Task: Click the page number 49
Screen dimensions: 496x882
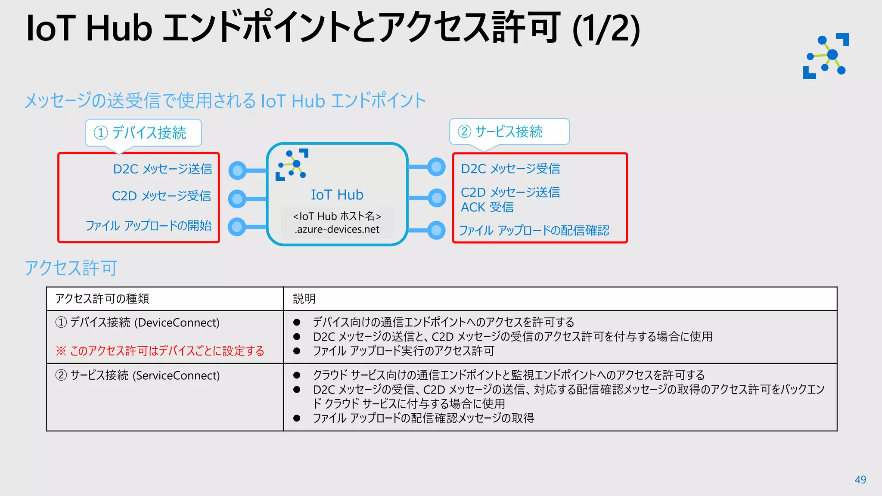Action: [x=860, y=480]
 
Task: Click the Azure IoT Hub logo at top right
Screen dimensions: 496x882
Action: [x=826, y=56]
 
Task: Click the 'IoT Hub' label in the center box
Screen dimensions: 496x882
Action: [x=337, y=195]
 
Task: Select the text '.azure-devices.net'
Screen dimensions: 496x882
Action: [x=337, y=229]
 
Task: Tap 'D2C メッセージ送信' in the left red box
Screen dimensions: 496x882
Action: [x=162, y=169]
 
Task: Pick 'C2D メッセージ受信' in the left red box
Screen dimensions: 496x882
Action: [x=161, y=196]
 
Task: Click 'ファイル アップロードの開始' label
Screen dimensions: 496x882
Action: [x=148, y=226]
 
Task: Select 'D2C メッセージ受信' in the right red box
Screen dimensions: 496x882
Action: [x=510, y=169]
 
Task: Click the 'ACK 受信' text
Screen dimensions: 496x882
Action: [x=487, y=208]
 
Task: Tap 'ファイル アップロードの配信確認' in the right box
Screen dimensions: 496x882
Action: [x=534, y=231]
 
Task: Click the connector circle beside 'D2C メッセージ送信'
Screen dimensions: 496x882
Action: [x=237, y=170]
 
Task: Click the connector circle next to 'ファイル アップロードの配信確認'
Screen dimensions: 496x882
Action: [x=436, y=230]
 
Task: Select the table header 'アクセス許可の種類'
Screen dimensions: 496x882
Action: [x=102, y=299]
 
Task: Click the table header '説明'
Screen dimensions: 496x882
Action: [x=304, y=299]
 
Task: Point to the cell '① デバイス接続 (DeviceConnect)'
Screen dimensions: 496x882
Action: [x=137, y=322]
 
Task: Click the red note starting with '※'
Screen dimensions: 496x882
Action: [x=160, y=351]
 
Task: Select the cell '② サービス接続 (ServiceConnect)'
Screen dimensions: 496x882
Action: [x=137, y=375]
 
